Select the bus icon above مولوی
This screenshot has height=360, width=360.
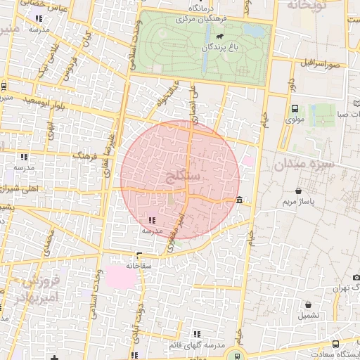(294, 108)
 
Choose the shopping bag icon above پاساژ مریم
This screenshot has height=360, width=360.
(300, 191)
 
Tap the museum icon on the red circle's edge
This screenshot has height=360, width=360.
(240, 200)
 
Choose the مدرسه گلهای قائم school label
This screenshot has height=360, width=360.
(197, 345)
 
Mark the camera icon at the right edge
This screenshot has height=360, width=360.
(355, 288)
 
